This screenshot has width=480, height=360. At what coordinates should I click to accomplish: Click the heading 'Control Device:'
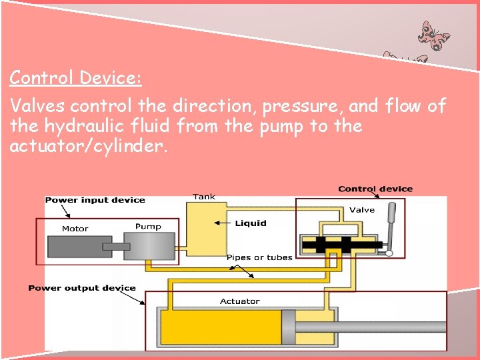75,78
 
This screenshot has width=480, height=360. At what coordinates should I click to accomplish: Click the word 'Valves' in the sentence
37,105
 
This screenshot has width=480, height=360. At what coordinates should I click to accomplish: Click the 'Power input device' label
95,200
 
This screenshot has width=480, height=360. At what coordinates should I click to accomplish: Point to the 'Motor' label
75,229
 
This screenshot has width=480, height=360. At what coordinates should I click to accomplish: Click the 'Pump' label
148,227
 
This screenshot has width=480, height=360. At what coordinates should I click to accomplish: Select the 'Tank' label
204,197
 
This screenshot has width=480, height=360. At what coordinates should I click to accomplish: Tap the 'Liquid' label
251,223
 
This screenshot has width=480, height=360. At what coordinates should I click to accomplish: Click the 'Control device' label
375,189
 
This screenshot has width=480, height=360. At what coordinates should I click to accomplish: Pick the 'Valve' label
362,210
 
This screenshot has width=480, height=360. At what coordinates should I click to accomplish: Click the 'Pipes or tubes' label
259,257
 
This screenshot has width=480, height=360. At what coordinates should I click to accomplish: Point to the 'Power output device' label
81,288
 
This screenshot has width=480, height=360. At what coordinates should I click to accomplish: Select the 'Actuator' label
240,301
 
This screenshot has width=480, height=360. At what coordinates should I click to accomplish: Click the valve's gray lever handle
393,223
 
